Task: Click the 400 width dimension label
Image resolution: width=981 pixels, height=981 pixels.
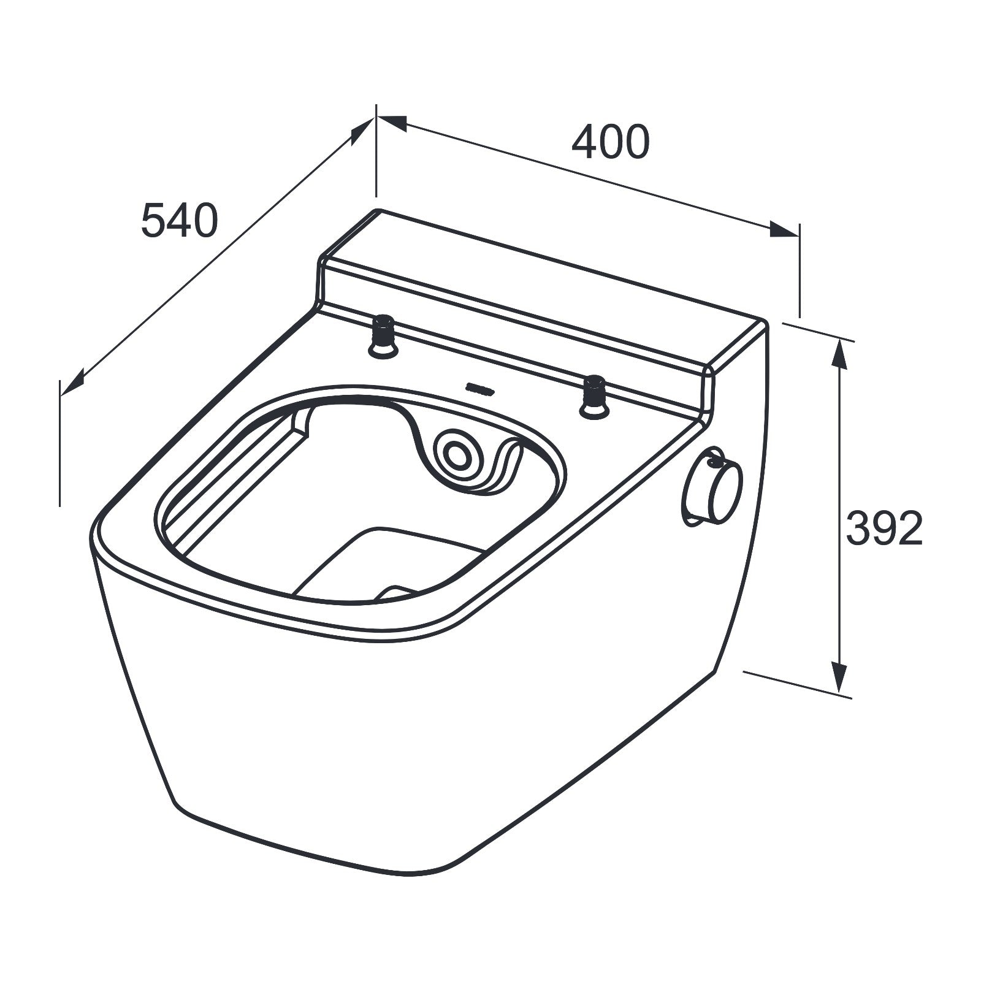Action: click(x=610, y=142)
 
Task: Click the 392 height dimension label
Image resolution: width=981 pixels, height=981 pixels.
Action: click(x=884, y=529)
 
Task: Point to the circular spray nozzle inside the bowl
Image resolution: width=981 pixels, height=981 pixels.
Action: click(x=456, y=454)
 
